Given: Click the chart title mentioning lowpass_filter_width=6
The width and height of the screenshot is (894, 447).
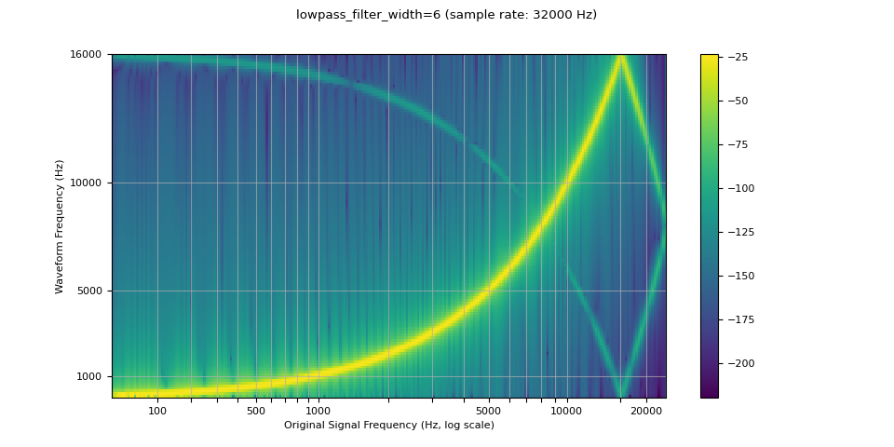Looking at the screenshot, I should coord(446,15).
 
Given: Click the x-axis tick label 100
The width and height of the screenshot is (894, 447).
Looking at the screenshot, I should coord(157,411).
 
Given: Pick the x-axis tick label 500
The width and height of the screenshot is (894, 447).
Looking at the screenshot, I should coord(256,411).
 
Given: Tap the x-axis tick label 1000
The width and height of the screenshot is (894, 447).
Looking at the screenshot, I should coord(318,411).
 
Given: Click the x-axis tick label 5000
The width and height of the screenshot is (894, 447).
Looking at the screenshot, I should coord(489,411).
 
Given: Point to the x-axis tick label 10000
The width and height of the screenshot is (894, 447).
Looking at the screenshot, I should coord(567,411).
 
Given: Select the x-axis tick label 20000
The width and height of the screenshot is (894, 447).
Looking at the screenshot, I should coord(646,411).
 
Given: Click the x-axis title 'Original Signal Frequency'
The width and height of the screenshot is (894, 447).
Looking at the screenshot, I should coord(388,426).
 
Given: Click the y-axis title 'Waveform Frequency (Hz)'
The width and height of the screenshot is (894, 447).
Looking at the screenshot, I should coord(60,226).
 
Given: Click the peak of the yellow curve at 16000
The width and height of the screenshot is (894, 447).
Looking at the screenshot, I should coord(620,57).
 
